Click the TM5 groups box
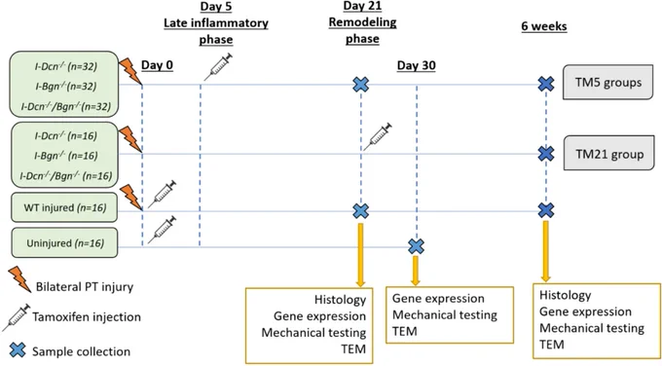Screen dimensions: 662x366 tap(607, 82)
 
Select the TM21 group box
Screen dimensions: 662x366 tap(608, 153)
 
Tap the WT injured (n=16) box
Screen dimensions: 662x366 tap(64, 207)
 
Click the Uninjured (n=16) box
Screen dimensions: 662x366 tap(64, 242)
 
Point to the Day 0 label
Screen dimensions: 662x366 tap(157, 65)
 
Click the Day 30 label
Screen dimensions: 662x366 tap(417, 65)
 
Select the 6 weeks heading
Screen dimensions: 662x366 tap(544, 26)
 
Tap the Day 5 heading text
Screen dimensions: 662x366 tap(216, 7)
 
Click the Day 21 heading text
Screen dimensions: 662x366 tap(362, 6)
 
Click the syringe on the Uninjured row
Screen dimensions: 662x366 tap(162, 230)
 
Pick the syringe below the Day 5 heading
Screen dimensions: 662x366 tap(218, 67)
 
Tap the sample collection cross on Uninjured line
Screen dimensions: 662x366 tap(417, 246)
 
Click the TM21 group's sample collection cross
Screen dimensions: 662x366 tap(546, 154)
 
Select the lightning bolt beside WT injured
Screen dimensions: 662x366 tap(130, 198)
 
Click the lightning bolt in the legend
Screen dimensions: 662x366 tap(19, 279)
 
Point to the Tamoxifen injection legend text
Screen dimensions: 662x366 tap(87, 317)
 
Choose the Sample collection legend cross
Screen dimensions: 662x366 tap(18, 350)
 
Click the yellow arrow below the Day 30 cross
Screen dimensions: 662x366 tap(416, 271)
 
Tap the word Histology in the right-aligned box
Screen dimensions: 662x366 tap(340, 300)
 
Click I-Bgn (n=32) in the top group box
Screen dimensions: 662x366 tap(66, 86)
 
